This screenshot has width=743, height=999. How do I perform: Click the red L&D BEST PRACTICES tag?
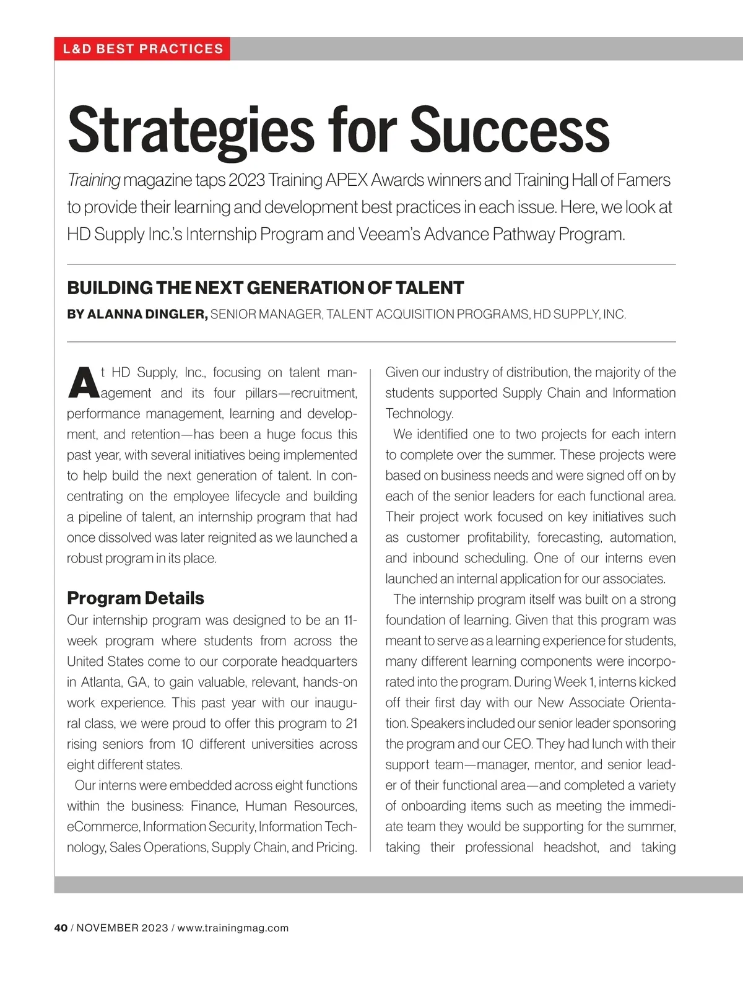142,49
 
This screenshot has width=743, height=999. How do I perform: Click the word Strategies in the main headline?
191,131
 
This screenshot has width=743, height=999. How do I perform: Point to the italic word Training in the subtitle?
93,180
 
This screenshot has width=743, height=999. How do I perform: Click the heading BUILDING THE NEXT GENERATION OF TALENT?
265,288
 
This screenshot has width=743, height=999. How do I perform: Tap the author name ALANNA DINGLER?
147,315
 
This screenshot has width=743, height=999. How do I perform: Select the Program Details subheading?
135,598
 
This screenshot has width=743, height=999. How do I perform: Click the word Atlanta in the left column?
100,683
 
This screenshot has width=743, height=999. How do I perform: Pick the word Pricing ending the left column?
336,847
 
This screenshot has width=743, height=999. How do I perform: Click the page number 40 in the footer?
61,928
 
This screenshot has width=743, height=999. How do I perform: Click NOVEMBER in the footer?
108,928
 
